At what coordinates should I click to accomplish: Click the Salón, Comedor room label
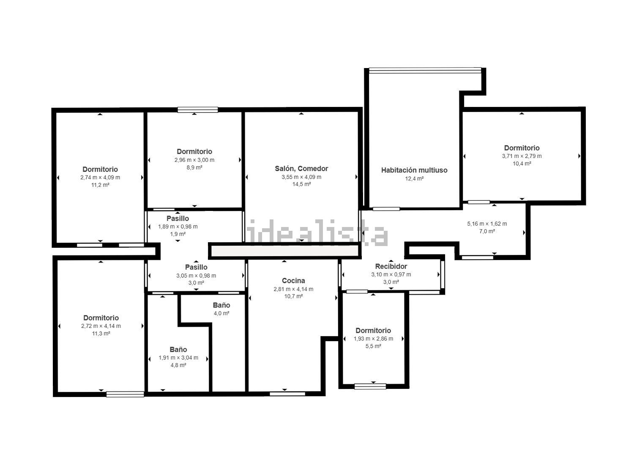(x=301, y=169)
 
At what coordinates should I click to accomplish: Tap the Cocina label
(x=293, y=281)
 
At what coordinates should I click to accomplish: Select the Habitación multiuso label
(x=414, y=170)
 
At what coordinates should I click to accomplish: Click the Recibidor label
(x=391, y=266)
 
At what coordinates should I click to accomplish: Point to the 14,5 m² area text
(x=302, y=184)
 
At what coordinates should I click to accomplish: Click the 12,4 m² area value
(x=414, y=178)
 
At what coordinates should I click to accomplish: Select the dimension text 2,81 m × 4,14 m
(x=293, y=289)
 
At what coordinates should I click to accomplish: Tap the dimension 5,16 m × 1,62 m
(x=487, y=224)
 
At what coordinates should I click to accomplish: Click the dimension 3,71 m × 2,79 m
(x=522, y=156)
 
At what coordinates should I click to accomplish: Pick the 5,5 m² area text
(x=373, y=346)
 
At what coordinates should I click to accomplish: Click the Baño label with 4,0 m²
(x=221, y=305)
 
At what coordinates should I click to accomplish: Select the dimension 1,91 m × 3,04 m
(x=178, y=358)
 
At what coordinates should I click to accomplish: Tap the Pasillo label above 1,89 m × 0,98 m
(x=178, y=219)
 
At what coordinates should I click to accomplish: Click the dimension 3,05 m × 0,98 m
(x=196, y=276)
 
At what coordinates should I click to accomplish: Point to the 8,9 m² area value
(x=194, y=167)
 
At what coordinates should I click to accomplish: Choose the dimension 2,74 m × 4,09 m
(x=100, y=178)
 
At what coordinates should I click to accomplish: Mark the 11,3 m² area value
(x=101, y=334)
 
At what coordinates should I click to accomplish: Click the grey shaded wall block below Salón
(x=285, y=251)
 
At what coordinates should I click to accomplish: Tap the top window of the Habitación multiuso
(x=425, y=70)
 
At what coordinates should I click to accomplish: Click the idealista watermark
(x=317, y=232)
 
